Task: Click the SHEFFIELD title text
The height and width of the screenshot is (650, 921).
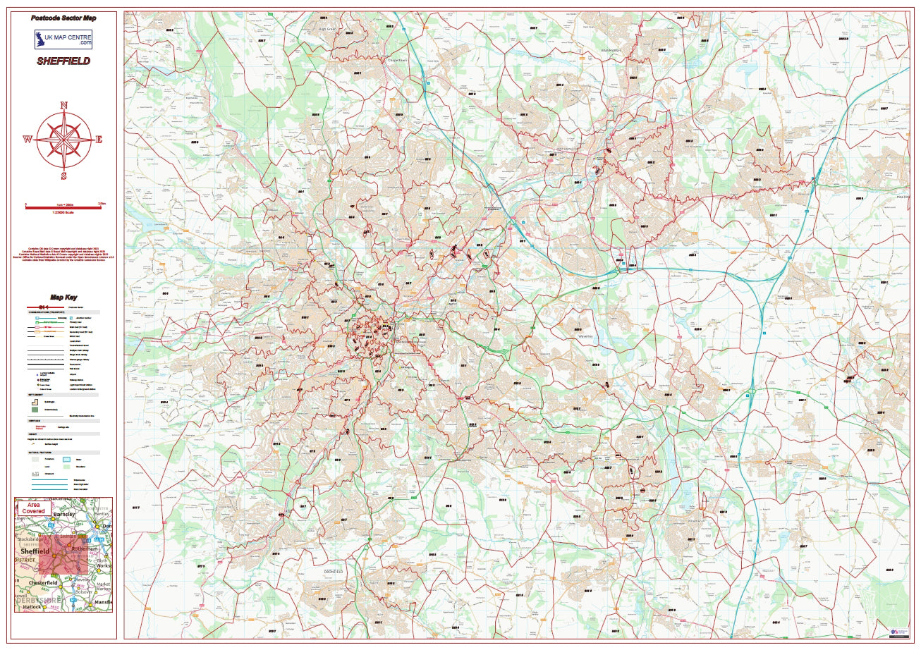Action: coord(63,61)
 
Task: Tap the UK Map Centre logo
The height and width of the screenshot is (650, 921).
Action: coord(63,39)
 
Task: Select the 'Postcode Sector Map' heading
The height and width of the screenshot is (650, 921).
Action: coord(63,18)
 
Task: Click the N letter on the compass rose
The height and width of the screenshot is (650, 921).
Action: coord(64,106)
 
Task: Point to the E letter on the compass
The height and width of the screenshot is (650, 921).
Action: coord(99,140)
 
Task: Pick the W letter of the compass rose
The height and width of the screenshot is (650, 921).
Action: coord(28,140)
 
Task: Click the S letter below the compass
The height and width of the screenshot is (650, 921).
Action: coord(64,176)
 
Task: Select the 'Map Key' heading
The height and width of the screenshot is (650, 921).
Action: coord(63,298)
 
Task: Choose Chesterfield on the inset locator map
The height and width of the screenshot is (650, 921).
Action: coord(44,583)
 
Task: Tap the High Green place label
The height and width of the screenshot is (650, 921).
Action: coord(328,29)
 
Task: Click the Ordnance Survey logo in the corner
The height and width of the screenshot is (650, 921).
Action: coord(895,632)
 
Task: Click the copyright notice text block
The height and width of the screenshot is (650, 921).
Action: coord(63,255)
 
